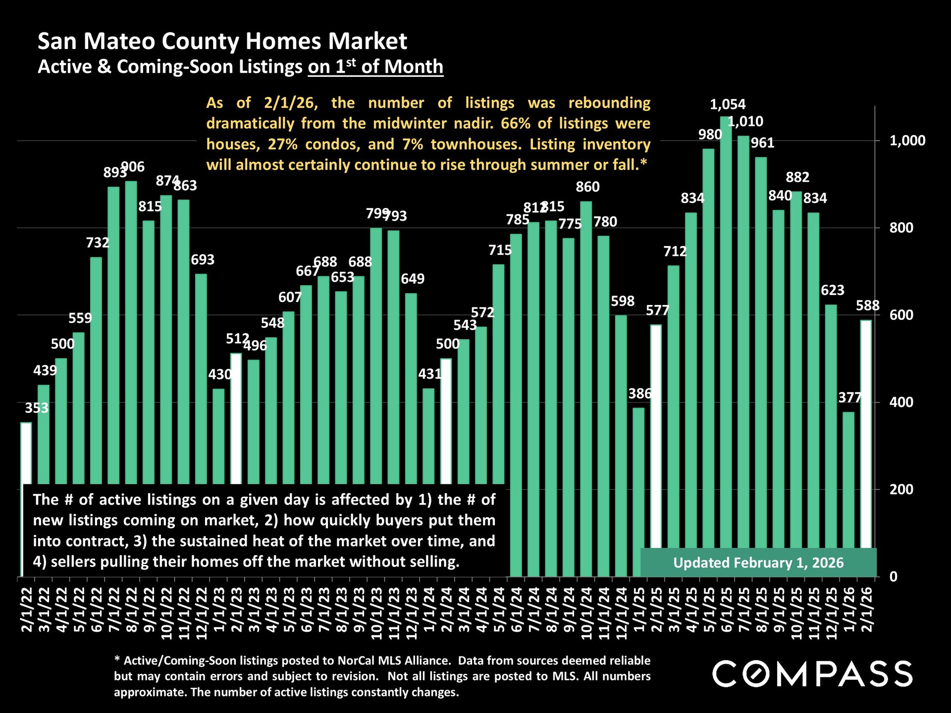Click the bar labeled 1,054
(726, 347)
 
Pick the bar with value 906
(131, 332)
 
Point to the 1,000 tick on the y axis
(907, 141)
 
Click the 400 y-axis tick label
(901, 402)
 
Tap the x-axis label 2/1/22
(26, 610)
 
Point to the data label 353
(37, 408)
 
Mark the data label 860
(587, 187)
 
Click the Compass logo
(812, 673)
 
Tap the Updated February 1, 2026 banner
(758, 563)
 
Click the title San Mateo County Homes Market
(222, 41)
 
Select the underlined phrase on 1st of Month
(375, 67)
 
